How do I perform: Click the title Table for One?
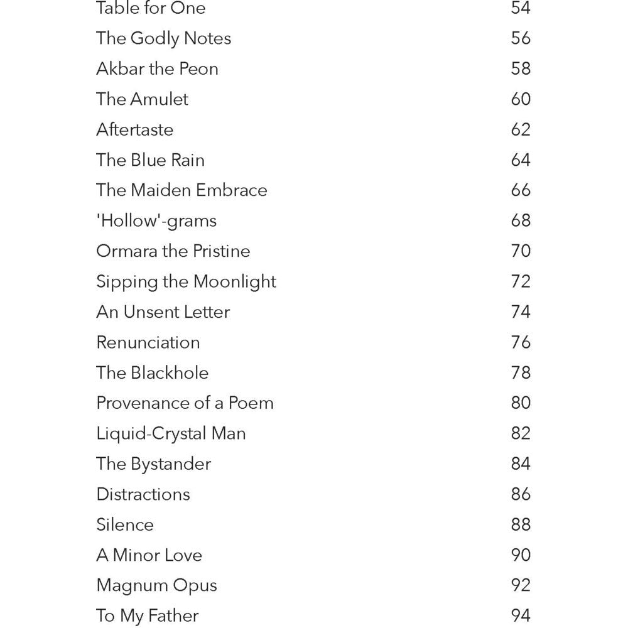(x=151, y=8)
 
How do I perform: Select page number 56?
(x=521, y=38)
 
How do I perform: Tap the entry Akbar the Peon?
(x=157, y=68)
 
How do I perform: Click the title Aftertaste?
(x=134, y=129)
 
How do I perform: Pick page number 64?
(x=521, y=160)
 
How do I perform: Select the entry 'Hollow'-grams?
(x=156, y=220)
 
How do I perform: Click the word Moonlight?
(x=234, y=281)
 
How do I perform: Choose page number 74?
(x=521, y=311)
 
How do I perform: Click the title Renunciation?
(x=148, y=342)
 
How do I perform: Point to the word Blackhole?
(x=170, y=372)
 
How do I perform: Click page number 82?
(x=521, y=433)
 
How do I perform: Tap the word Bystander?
(x=171, y=464)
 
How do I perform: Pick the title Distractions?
(x=143, y=494)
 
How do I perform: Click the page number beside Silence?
(x=521, y=524)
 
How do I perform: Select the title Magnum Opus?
(x=156, y=585)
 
